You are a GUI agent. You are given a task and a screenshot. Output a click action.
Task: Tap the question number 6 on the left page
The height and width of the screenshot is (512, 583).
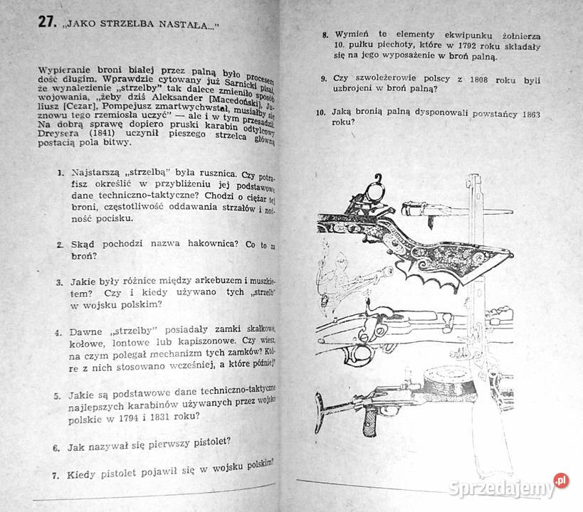56,449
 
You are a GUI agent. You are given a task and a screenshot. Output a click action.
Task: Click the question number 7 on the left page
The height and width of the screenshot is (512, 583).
54,476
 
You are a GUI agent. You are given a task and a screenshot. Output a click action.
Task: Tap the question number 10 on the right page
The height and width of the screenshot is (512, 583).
318,112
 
